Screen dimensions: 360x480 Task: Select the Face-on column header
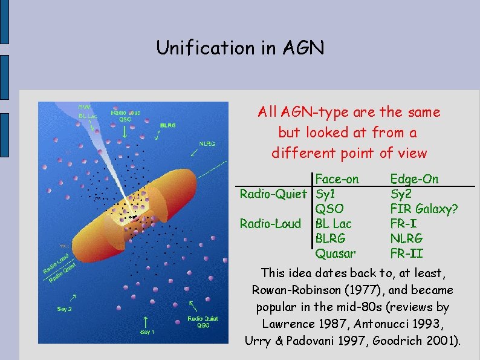337,179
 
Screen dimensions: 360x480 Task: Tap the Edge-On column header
414,179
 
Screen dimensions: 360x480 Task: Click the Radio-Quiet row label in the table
274,194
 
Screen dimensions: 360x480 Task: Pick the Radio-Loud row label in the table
270,224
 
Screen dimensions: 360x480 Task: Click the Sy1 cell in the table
326,194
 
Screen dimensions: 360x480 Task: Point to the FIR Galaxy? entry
424,209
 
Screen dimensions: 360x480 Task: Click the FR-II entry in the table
406,253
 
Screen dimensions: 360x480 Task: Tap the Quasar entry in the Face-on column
336,253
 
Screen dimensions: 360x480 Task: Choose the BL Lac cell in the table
334,224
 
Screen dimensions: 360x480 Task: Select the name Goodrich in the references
400,341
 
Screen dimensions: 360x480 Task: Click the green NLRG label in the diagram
207,144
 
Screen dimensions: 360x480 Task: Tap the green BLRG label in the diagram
168,125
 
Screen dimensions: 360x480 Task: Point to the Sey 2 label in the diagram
65,309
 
